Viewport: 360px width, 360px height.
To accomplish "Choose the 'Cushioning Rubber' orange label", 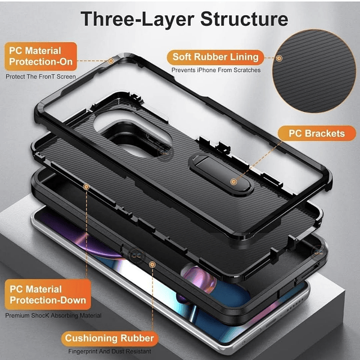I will [109, 338].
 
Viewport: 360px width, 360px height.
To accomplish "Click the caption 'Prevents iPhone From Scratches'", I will [216, 70].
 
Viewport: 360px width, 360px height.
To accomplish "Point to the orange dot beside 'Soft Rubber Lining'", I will [280, 57].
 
